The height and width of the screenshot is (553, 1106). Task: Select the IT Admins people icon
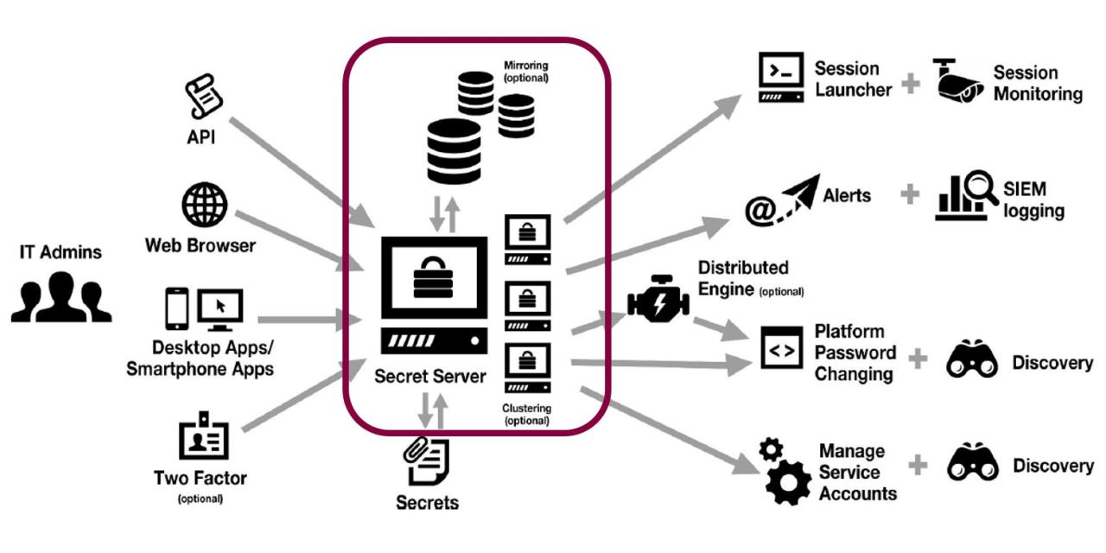point(60,296)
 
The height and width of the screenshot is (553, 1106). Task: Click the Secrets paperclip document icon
point(428,462)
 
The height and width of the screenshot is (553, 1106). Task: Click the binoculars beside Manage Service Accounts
point(972,464)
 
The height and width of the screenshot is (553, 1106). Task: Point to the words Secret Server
point(430,378)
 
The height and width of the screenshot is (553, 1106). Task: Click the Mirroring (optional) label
point(527,71)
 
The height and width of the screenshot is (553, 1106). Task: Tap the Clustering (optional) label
point(526,414)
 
